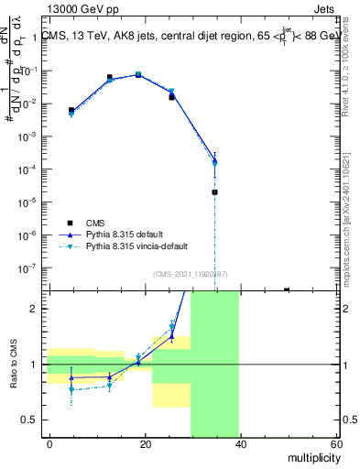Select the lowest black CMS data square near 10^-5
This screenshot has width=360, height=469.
click(x=214, y=192)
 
